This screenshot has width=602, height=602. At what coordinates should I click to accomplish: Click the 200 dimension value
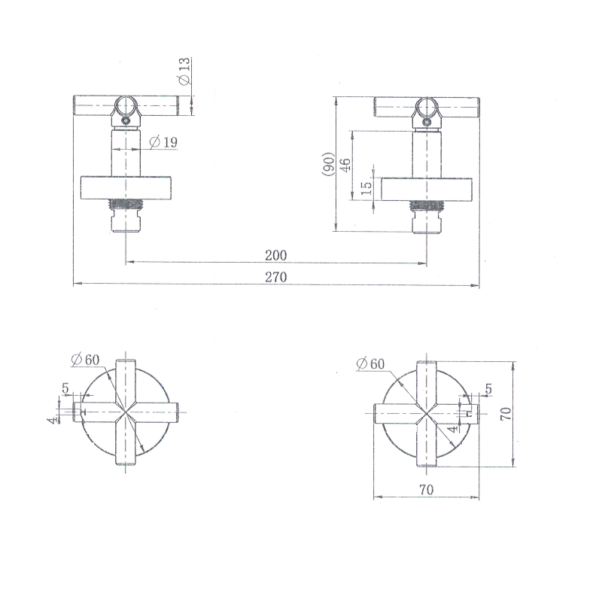[276, 255]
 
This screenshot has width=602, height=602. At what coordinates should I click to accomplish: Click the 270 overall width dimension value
[276, 277]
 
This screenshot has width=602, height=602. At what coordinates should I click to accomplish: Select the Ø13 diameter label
[184, 69]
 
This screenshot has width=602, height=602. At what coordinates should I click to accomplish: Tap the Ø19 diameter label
[163, 141]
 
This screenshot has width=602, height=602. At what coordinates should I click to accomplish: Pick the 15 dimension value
[366, 188]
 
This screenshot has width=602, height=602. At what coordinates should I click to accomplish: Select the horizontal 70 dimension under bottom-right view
[426, 490]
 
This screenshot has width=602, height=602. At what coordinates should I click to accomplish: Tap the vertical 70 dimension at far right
[506, 413]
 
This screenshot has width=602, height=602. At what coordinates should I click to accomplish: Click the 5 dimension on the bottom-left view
[65, 389]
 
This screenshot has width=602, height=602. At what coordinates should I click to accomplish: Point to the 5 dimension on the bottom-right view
[488, 389]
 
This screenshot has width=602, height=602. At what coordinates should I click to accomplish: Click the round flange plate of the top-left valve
[126, 187]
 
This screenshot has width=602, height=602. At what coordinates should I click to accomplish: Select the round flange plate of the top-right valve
[426, 190]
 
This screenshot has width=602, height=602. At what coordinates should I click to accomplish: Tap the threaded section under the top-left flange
[126, 203]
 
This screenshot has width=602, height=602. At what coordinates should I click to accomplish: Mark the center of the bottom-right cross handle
[427, 412]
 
